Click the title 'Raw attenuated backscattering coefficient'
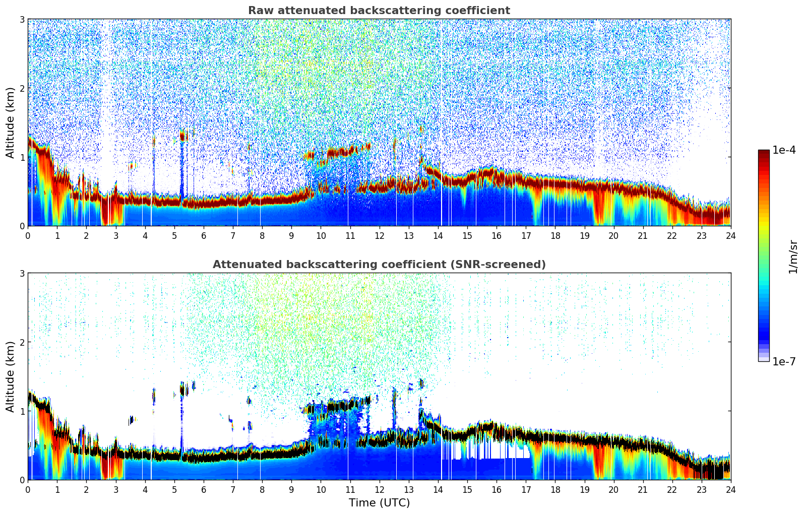point(379,11)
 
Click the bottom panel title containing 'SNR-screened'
point(379,265)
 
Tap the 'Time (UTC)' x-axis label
point(379,502)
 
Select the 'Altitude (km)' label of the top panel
point(10,122)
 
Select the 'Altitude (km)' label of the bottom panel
point(10,376)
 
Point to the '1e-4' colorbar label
point(784,150)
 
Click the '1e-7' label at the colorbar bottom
point(784,361)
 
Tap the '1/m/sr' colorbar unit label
point(793,256)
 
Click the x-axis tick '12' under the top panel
point(379,236)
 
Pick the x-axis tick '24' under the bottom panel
point(730,490)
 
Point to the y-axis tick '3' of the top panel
point(22,19)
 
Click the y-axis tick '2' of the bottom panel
point(22,342)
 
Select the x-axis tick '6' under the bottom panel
point(204,490)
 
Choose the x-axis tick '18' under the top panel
point(555,236)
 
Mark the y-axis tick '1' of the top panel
point(22,157)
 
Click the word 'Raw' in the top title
point(260,11)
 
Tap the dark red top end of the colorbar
point(763,153)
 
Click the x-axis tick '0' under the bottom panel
point(28,490)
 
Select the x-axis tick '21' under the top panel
point(643,236)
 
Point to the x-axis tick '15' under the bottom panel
point(467,490)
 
